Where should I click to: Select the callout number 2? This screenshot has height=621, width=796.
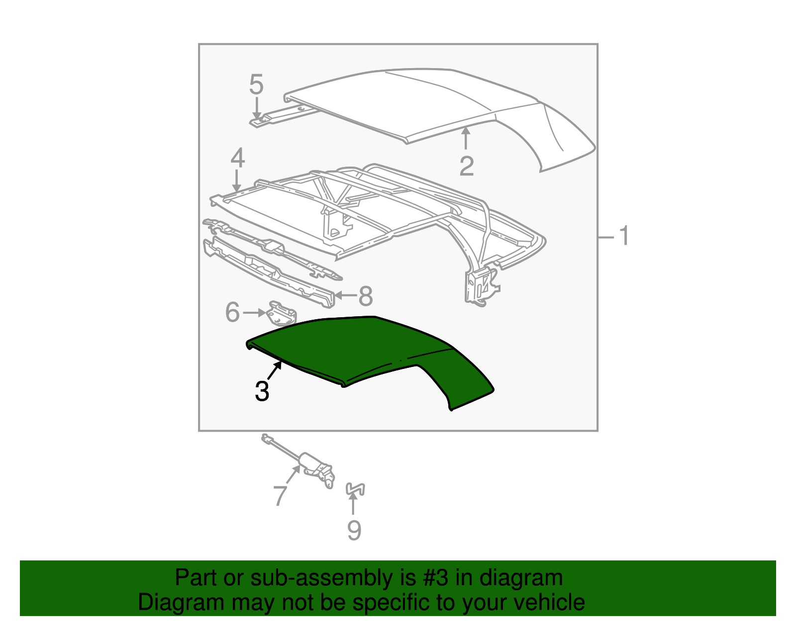[x=466, y=166]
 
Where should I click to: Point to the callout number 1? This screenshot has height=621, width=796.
[x=624, y=236]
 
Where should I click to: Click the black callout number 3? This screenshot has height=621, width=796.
[x=262, y=391]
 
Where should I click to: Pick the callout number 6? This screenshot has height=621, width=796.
[x=232, y=312]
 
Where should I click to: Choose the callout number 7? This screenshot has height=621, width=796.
[x=280, y=495]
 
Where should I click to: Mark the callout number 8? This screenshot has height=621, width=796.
[x=366, y=296]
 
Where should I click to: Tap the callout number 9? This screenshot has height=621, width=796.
[x=354, y=530]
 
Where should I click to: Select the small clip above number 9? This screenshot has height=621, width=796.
[x=355, y=489]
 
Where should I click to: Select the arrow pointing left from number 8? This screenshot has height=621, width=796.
[x=346, y=296]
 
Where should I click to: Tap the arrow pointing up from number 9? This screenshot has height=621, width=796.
[x=353, y=504]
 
